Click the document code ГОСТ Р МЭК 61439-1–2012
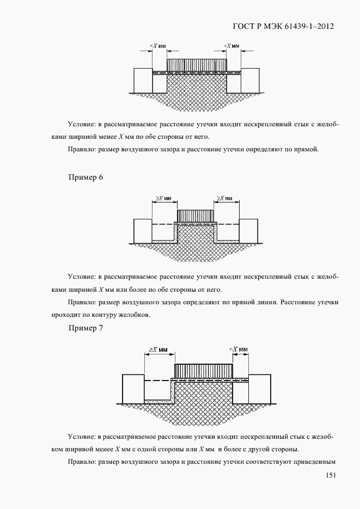[283, 26]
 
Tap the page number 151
[330, 475]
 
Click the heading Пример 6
[86, 177]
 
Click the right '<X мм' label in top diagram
[232, 46]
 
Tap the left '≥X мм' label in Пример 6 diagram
[162, 198]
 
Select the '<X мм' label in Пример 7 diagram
[239, 349]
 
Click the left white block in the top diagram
[143, 80]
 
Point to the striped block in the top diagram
[197, 64]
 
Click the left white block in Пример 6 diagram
[143, 231]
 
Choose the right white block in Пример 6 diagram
[248, 231]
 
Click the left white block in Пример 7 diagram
[133, 389]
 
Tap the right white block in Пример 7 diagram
[259, 389]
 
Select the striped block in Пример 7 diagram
[203, 371]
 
